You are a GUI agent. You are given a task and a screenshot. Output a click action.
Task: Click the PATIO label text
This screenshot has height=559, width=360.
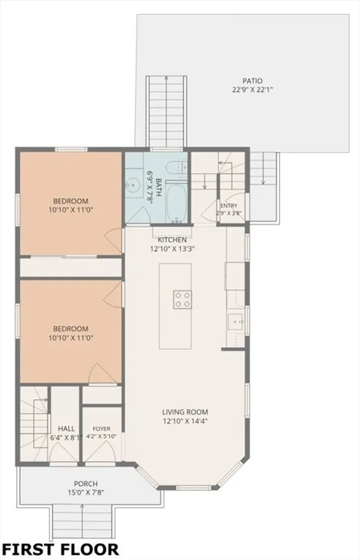252,81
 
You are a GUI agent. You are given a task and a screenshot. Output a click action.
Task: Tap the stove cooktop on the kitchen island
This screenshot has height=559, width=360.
182,300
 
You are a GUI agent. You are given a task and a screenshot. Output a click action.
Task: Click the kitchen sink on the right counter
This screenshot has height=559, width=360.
236,322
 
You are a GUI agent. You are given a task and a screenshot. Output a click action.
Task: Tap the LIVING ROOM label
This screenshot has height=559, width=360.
185,412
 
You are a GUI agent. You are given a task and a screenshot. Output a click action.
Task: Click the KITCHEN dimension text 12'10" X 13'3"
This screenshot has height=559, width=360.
172,249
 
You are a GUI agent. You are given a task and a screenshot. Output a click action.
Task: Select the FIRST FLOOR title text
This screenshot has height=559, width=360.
60,549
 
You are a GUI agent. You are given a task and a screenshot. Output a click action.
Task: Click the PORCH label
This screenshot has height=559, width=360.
85,484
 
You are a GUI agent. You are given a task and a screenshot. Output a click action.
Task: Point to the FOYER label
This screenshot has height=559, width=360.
102,429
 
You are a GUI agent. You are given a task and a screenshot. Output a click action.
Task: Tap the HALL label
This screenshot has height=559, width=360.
66,429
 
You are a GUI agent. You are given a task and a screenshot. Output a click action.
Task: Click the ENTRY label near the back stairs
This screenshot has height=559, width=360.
229,205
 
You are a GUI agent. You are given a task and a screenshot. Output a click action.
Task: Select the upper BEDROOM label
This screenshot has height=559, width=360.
70,201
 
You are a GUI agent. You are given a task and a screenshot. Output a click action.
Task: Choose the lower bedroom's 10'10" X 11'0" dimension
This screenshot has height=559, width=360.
70,337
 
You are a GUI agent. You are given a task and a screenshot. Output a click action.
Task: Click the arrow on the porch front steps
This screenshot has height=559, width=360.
82,521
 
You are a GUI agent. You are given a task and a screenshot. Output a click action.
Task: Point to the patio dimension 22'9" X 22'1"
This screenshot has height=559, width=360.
252,90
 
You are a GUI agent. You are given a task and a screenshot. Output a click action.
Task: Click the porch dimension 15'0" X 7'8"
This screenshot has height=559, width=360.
85,493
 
